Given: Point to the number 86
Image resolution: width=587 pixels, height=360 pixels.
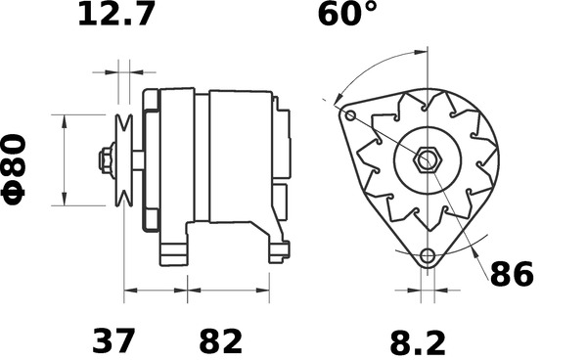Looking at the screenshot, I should point(511,275).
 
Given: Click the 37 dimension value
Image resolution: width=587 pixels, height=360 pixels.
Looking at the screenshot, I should point(114,341).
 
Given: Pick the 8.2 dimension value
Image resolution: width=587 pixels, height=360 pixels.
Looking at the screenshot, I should point(418,341).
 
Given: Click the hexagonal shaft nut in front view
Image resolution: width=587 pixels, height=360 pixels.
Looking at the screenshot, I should point(427,159).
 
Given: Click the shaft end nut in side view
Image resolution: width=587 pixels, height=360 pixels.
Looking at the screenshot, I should point(104,160).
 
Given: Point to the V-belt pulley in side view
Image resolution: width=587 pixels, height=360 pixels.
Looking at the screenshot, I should point(124,160).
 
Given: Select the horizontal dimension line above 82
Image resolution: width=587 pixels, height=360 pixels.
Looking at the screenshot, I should point(227,291).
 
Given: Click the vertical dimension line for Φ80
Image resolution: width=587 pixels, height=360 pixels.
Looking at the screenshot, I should point(65,161).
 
